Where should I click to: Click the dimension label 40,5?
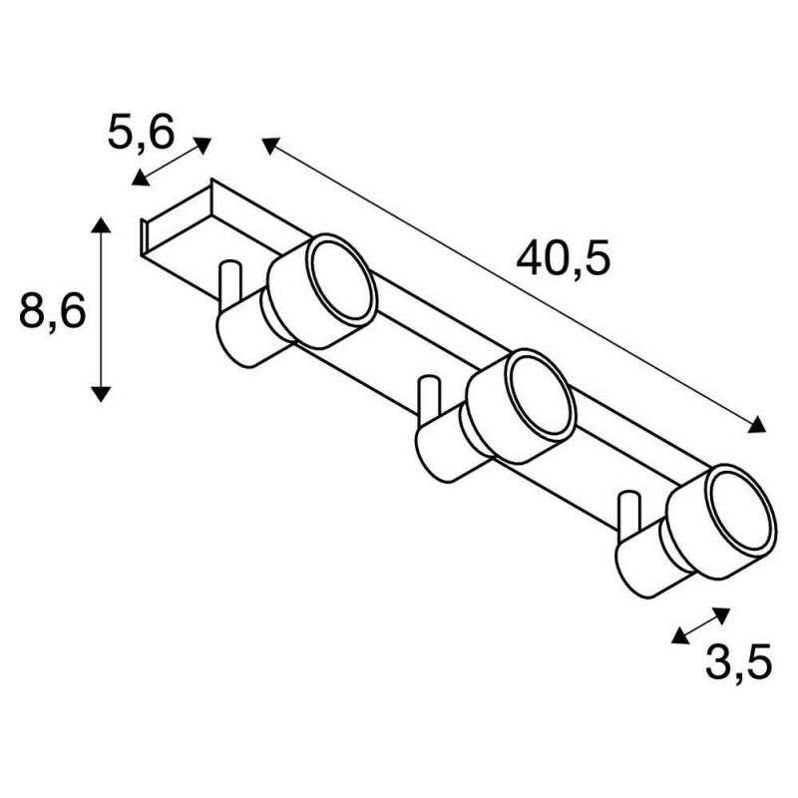click(x=563, y=259)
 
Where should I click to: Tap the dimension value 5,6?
click(x=141, y=132)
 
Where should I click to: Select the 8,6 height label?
click(x=52, y=310)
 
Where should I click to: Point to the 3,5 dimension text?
click(x=738, y=661)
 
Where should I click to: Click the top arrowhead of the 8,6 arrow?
click(x=102, y=225)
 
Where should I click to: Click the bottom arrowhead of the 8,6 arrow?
click(x=102, y=394)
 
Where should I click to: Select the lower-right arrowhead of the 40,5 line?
click(x=757, y=425)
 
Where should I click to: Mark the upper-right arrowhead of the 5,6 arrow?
click(x=202, y=145)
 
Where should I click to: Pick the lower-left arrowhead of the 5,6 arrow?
click(x=140, y=179)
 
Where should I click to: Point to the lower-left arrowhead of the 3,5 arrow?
click(x=680, y=636)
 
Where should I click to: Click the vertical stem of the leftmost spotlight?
click(x=230, y=287)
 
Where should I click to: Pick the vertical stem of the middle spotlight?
click(x=430, y=402)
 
